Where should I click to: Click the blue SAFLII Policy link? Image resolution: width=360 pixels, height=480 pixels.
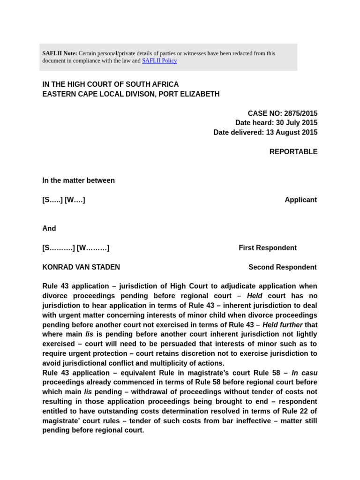[x=159, y=61]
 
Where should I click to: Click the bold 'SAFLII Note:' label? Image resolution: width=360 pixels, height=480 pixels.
[x=60, y=53]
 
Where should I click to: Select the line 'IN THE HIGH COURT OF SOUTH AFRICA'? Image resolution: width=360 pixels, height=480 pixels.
[x=111, y=84]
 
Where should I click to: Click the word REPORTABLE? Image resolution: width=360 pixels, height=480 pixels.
[x=293, y=152]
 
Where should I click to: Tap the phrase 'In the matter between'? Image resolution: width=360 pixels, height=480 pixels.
[x=78, y=180]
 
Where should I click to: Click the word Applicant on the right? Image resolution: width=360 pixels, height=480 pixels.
[x=300, y=200]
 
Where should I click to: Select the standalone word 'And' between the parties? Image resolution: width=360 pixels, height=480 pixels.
[x=49, y=229]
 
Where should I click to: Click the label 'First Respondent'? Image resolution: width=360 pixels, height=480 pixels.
[x=268, y=248]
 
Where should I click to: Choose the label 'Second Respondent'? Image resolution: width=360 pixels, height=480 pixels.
[x=282, y=267]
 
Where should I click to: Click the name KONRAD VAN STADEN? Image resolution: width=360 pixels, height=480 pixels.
[x=81, y=267]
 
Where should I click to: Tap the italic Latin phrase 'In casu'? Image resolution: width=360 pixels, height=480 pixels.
[x=304, y=373]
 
